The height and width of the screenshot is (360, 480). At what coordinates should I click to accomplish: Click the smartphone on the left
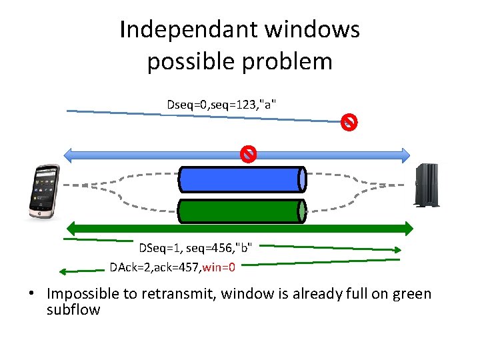[43, 191]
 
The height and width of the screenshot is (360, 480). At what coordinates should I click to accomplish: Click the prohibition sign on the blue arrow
[248, 155]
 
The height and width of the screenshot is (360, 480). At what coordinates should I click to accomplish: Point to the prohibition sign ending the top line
[349, 122]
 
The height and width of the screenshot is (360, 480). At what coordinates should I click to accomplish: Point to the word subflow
[73, 309]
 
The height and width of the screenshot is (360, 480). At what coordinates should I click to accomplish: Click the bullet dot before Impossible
[31, 294]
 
